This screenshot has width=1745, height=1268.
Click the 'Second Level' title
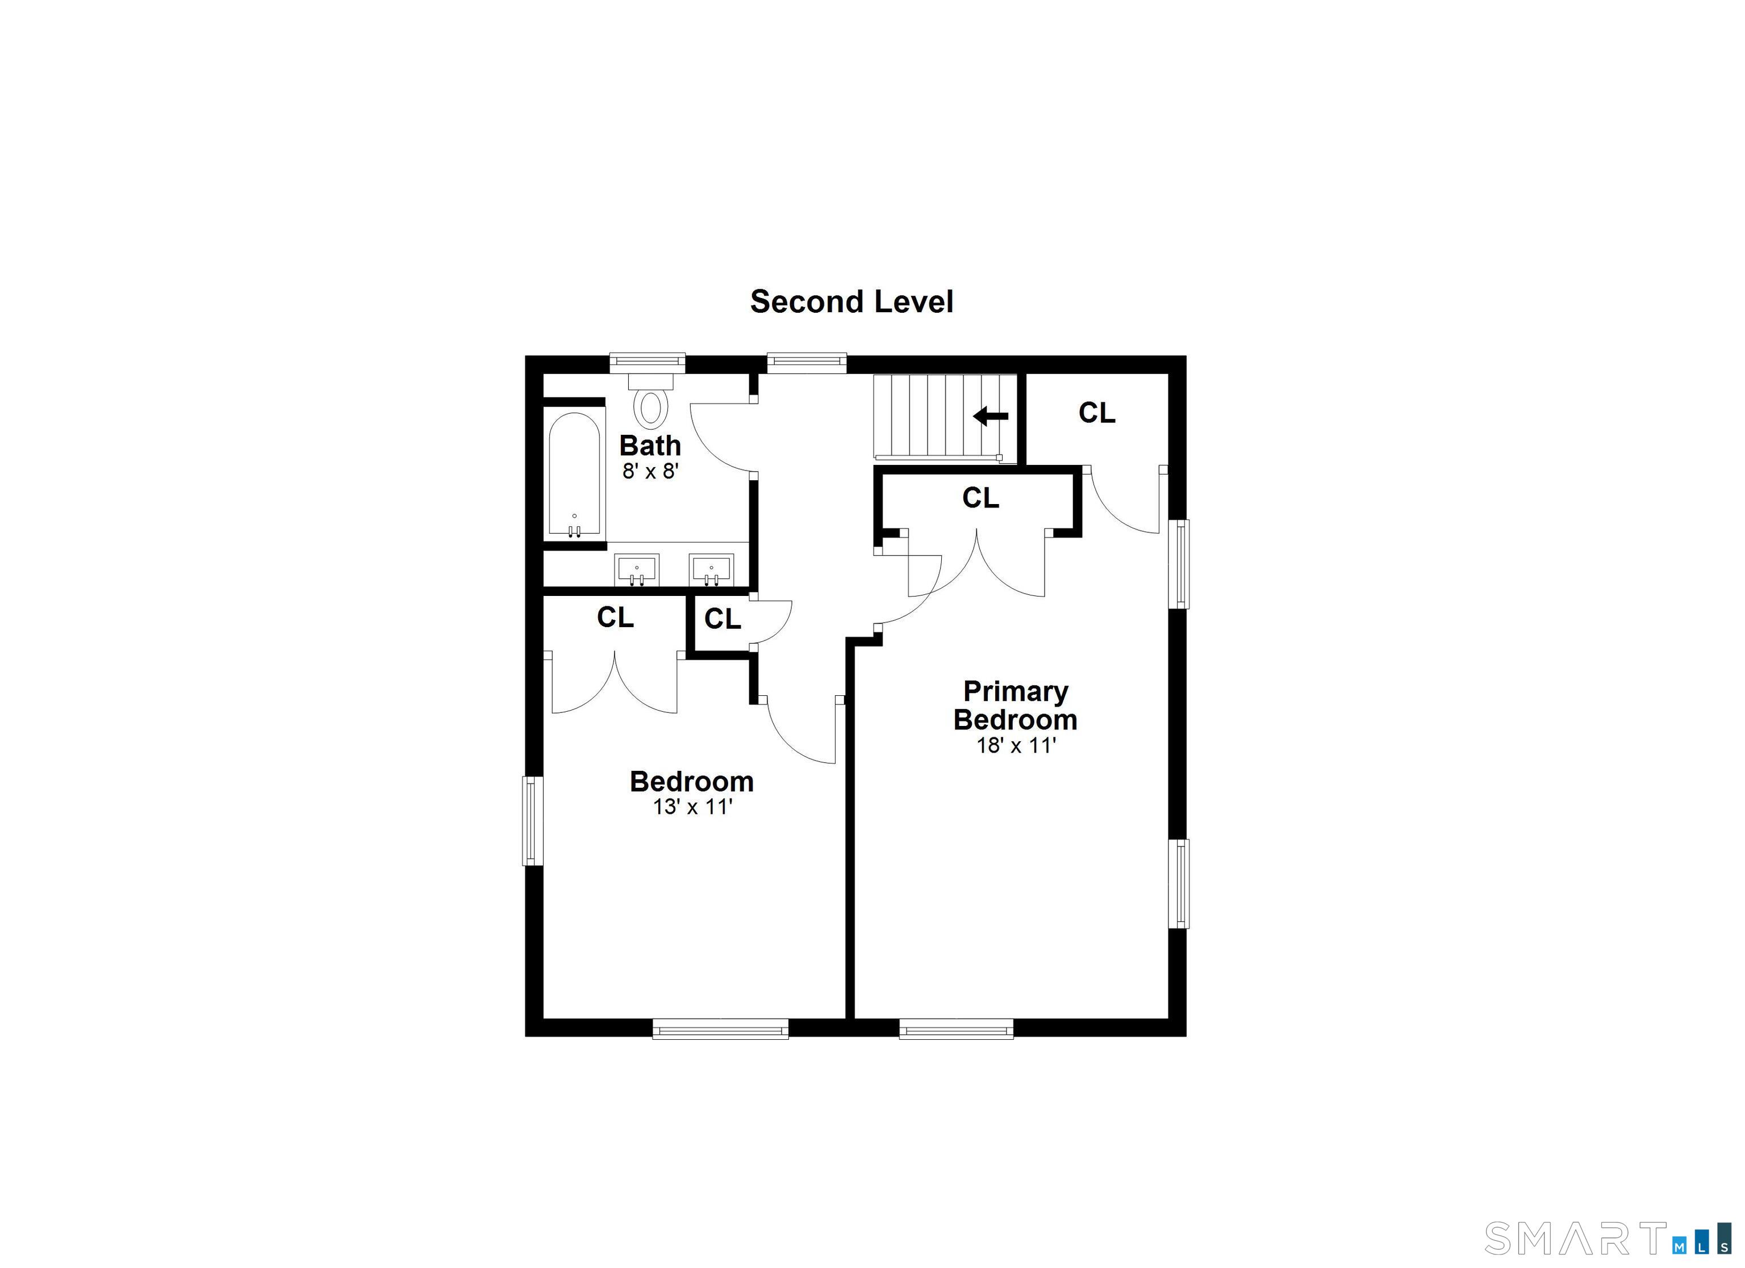[851, 302]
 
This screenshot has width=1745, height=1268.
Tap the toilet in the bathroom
[651, 403]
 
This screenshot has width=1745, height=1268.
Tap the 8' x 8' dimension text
[650, 471]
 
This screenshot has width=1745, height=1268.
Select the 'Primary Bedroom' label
[1015, 705]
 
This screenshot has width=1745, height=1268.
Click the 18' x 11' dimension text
[1016, 746]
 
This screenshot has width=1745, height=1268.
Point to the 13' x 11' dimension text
[692, 807]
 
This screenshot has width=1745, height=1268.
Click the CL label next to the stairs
[1096, 414]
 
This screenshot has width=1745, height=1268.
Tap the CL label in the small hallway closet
[723, 619]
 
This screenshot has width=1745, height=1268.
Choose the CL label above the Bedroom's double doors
[616, 618]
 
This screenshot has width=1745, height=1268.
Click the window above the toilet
[647, 363]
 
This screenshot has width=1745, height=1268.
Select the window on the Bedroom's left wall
[532, 821]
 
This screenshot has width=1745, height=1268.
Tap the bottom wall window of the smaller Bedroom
[720, 1028]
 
